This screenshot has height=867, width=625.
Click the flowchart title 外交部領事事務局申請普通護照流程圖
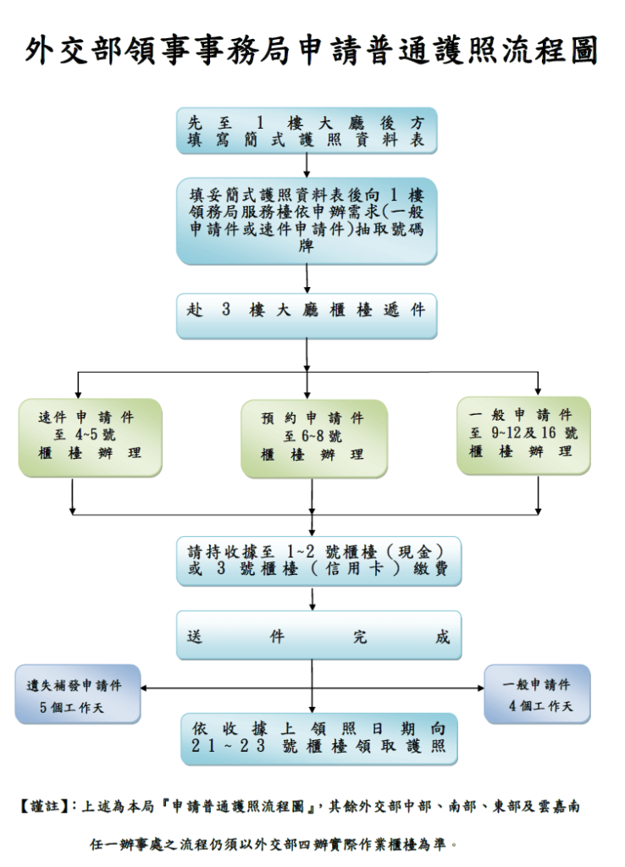312,52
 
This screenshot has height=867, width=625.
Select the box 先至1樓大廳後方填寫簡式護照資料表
307,130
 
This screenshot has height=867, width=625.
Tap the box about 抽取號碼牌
307,220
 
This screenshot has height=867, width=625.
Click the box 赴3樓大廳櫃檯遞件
307,311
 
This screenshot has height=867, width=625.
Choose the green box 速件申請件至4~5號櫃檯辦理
90,436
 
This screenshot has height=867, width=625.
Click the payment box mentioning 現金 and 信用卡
318,561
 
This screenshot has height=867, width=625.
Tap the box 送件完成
318,637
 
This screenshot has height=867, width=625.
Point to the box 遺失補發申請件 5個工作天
78,694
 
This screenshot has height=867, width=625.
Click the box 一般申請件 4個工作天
537,694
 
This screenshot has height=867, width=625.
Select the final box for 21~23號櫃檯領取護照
318,738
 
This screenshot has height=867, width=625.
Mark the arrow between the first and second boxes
307,166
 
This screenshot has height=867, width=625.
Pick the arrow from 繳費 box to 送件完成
313,599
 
